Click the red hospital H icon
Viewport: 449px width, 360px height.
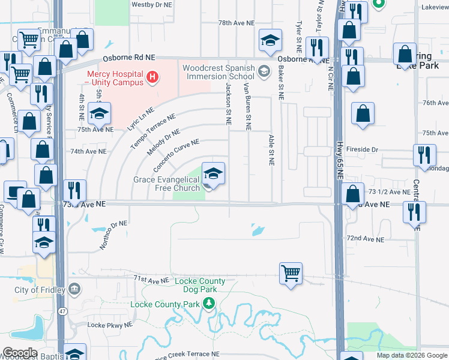[x=152, y=77]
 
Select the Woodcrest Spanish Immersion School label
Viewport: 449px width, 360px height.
[x=218, y=72]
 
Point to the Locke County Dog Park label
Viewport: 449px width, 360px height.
[x=200, y=285]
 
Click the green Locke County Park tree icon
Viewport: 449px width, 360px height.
[x=209, y=304]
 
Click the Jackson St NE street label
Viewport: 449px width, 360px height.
[x=228, y=104]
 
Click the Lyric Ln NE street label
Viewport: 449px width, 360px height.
[x=140, y=119]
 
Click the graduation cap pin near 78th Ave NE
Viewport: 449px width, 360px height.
[x=270, y=40]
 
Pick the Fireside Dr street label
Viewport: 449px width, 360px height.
[x=366, y=149]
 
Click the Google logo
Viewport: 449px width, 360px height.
[x=19, y=353]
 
